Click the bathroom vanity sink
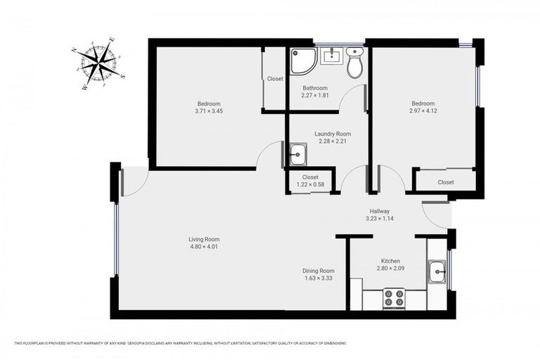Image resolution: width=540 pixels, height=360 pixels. click(331, 56)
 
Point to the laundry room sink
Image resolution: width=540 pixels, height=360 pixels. click(298, 153)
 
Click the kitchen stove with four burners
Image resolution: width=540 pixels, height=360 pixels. click(394, 299)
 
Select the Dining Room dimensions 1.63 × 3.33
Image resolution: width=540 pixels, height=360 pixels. click(319, 278)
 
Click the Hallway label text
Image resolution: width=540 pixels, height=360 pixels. click(380, 211)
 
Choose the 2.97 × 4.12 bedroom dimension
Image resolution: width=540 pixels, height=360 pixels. click(424, 110)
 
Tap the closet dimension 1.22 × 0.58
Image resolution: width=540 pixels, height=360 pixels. click(310, 184)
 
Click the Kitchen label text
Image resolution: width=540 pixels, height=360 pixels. click(391, 260)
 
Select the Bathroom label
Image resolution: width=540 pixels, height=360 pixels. click(315, 88)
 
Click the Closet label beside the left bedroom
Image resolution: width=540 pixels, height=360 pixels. click(275, 79)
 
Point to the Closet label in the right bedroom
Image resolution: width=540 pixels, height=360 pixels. click(446, 182)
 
